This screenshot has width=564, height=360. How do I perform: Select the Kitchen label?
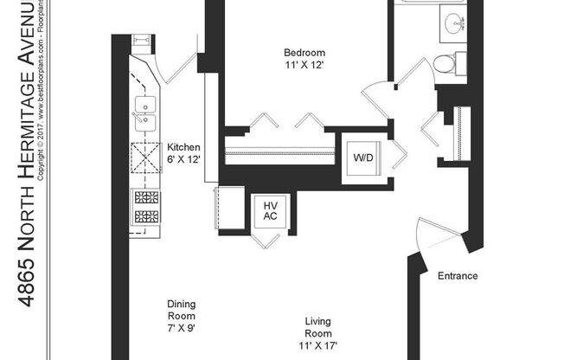[x=183, y=147]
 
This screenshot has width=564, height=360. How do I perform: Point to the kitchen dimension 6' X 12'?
[x=183, y=159]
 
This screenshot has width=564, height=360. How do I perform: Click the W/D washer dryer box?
[x=362, y=158]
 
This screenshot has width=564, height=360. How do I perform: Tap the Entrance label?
[x=458, y=277]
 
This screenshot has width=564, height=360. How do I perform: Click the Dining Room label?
[x=182, y=309]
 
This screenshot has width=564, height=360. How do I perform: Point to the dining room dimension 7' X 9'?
[x=182, y=328]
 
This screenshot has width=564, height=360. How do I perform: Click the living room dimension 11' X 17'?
[x=317, y=345]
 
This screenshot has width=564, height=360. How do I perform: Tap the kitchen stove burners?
[x=144, y=205]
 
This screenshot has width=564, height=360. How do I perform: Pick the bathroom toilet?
[x=445, y=62]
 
